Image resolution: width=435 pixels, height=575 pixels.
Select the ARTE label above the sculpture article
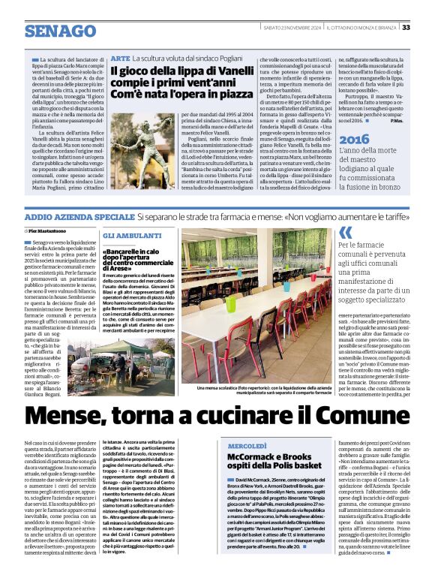(x=120, y=58)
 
